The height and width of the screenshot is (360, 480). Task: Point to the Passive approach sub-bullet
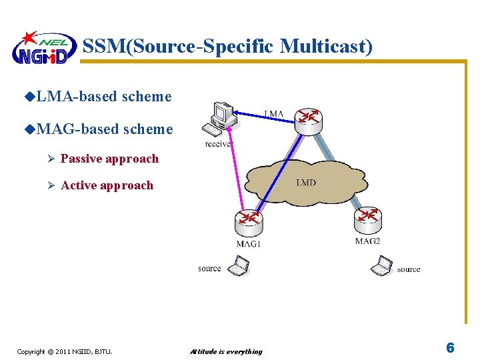[x=109, y=159]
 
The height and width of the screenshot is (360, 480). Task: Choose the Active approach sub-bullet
[x=107, y=185]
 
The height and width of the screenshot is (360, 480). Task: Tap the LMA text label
[x=274, y=114]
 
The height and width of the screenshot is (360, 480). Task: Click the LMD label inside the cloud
[x=306, y=182]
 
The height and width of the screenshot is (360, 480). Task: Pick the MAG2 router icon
[x=367, y=218]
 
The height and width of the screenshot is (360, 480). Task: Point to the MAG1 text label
[x=248, y=244]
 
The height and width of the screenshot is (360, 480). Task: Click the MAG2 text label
[x=367, y=241]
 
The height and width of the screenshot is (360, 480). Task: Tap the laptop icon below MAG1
[x=238, y=267]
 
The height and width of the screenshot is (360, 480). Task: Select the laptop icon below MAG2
[x=381, y=266]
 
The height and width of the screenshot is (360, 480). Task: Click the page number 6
[x=450, y=348]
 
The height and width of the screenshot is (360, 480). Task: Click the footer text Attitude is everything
[x=226, y=351]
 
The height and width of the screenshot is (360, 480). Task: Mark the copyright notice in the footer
[x=64, y=351]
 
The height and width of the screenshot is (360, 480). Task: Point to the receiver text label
[x=219, y=143]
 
